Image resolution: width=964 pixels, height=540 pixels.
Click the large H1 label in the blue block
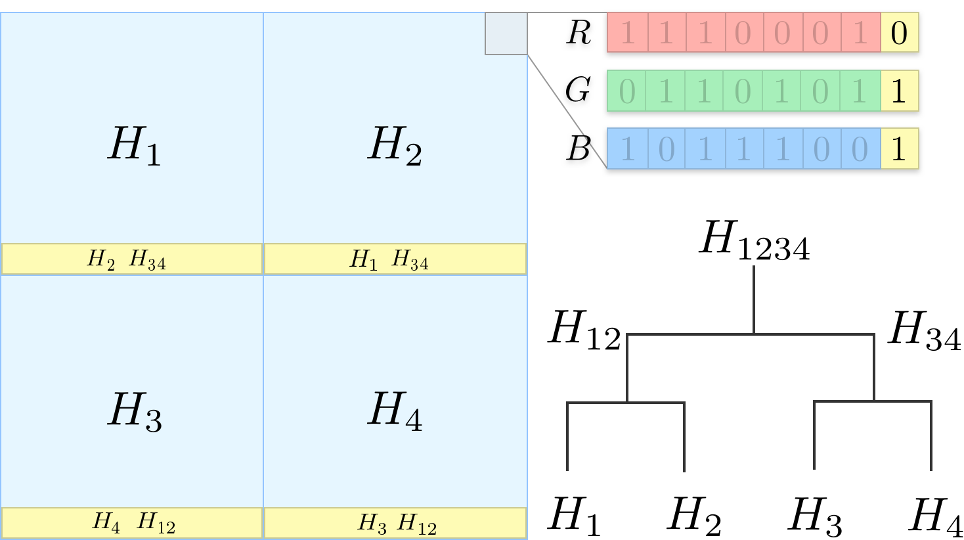[134, 145]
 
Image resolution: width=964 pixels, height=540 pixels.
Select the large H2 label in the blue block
[394, 145]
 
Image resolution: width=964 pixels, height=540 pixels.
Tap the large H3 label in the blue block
[135, 411]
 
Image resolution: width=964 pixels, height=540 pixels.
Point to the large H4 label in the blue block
[394, 411]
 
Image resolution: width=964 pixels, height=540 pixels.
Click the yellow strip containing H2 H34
[132, 259]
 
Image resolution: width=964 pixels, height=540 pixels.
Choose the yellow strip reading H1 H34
[395, 259]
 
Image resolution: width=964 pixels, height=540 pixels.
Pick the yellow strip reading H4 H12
[132, 523]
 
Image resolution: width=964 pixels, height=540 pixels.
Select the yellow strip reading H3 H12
[395, 523]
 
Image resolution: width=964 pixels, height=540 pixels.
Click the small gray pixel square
[506, 34]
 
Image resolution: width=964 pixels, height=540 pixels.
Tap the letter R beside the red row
[579, 32]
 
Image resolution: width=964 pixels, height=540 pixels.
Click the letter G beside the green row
[578, 90]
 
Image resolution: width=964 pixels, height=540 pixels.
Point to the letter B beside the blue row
[578, 148]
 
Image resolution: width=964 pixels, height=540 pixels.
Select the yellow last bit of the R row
[899, 33]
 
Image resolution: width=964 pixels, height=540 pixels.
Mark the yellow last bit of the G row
[899, 91]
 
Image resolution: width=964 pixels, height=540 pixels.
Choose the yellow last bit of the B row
[899, 148]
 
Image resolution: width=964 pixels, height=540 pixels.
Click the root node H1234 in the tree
[755, 240]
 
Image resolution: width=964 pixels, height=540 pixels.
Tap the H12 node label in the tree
[584, 329]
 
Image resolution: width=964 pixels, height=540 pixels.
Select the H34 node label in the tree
[924, 329]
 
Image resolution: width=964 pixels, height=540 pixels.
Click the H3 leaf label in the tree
[815, 516]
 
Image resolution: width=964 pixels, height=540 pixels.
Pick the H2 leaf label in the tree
[694, 516]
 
